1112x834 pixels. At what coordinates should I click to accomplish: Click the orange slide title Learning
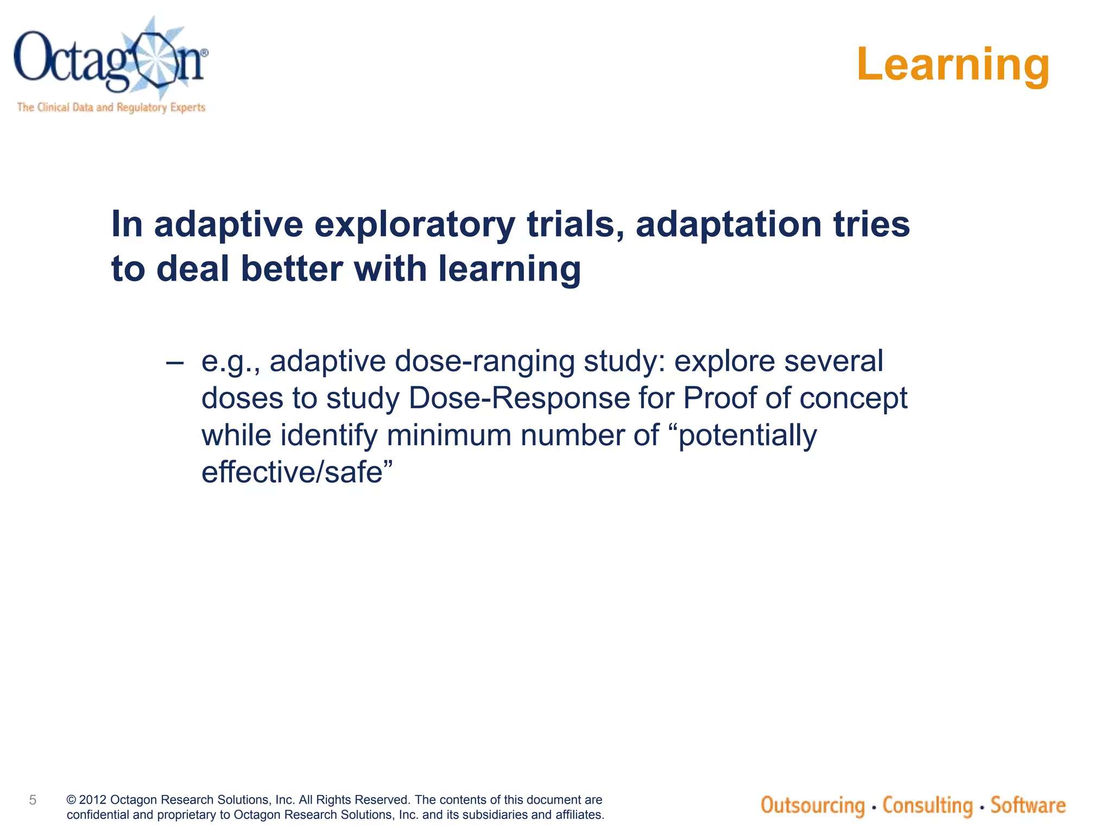[953, 64]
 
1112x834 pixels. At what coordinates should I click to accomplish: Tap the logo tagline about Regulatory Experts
[111, 107]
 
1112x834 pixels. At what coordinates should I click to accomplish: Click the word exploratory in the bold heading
[414, 224]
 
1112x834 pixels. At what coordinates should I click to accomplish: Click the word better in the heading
[292, 269]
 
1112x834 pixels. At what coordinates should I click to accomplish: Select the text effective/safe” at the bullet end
[296, 472]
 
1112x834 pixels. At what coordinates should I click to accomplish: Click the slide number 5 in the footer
[33, 800]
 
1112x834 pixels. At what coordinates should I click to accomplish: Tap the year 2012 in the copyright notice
[93, 800]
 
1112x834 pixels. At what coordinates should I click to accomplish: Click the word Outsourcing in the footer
[812, 805]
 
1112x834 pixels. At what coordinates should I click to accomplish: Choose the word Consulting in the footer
[927, 805]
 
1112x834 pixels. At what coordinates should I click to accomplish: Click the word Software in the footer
[1028, 805]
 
